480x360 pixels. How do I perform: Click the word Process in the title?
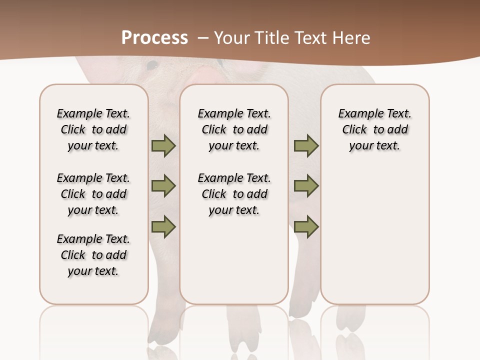click(154, 38)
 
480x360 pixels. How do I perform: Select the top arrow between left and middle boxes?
click(163, 146)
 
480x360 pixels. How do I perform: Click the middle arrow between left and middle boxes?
click(163, 186)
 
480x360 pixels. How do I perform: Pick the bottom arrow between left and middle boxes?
click(163, 226)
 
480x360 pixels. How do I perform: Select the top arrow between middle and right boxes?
click(306, 146)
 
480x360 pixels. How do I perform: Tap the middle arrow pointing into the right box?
click(306, 186)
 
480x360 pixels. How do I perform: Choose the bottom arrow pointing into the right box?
click(306, 226)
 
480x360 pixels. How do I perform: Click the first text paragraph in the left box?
click(93, 129)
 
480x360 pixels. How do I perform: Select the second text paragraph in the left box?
click(93, 194)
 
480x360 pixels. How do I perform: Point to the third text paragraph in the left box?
click(93, 255)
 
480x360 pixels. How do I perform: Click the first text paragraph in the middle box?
click(234, 129)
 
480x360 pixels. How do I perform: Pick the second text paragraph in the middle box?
click(234, 194)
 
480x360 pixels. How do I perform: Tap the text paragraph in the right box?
click(374, 129)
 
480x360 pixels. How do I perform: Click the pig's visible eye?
click(152, 65)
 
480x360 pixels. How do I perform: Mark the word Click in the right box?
click(354, 130)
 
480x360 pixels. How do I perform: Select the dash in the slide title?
click(203, 38)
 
